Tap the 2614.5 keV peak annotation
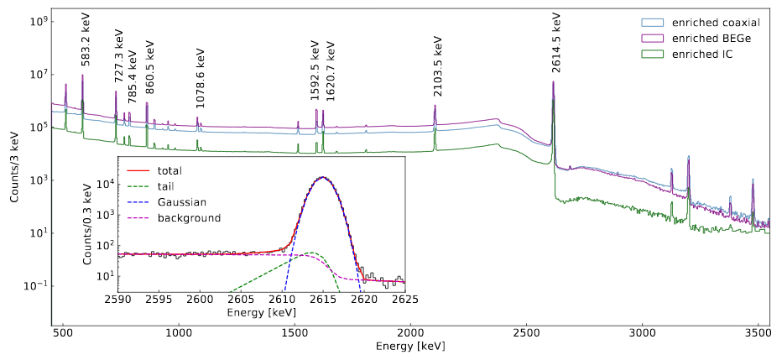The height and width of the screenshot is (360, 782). coord(557,40)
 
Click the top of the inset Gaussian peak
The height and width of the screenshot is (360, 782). coord(322,177)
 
